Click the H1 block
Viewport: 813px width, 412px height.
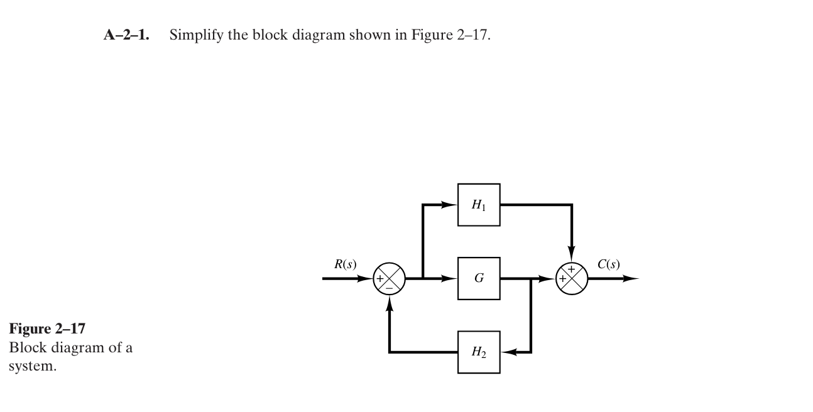click(479, 205)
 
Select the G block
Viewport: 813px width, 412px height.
click(479, 278)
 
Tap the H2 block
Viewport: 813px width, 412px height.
click(479, 352)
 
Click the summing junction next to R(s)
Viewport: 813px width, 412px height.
click(390, 279)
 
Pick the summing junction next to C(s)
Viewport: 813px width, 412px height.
click(572, 279)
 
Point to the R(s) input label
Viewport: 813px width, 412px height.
click(345, 264)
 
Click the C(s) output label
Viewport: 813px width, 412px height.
click(608, 264)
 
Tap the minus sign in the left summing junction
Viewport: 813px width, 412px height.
click(390, 288)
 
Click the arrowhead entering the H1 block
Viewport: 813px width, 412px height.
click(450, 205)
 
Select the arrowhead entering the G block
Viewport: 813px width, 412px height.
click(450, 278)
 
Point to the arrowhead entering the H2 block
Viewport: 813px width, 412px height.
click(508, 352)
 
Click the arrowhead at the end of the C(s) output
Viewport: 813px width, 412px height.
click(631, 278)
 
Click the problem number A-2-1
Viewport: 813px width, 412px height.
click(126, 35)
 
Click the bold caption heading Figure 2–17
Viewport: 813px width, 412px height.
click(47, 329)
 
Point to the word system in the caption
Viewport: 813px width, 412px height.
click(32, 366)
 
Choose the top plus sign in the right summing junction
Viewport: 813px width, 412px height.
click(571, 269)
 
